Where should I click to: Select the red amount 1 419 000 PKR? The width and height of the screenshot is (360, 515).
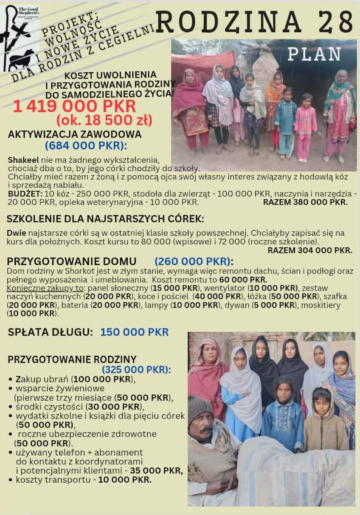pos(74,106)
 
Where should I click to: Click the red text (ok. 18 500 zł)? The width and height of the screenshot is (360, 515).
pos(104,121)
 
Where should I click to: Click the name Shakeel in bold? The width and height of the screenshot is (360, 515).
pos(23,160)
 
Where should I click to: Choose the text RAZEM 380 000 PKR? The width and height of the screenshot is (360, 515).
pos(305,202)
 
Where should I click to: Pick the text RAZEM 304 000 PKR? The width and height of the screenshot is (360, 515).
pos(309,250)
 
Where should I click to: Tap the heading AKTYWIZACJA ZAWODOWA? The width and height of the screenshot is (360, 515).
pos(75,134)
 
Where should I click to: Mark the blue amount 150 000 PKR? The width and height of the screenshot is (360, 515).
pos(134,332)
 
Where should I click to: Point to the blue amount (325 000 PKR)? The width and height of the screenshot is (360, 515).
pos(136,370)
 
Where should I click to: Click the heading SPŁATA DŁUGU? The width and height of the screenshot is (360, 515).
pos(50,332)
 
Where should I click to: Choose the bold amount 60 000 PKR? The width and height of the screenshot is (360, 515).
pos(243,280)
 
